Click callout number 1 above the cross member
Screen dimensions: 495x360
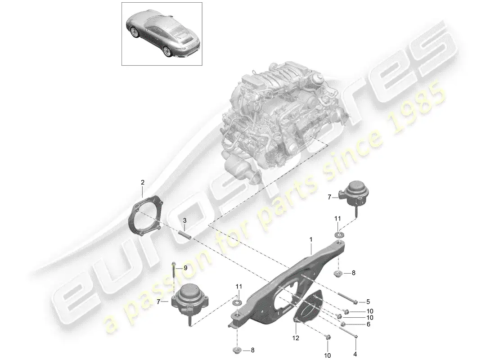[311, 240]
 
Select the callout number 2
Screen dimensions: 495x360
[142, 182]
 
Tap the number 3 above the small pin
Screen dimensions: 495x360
[184, 220]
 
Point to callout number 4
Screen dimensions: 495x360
[355, 354]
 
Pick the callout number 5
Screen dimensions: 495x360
[368, 302]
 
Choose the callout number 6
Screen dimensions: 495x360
[368, 324]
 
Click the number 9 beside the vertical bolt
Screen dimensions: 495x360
[185, 268]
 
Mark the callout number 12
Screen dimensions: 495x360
[296, 338]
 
